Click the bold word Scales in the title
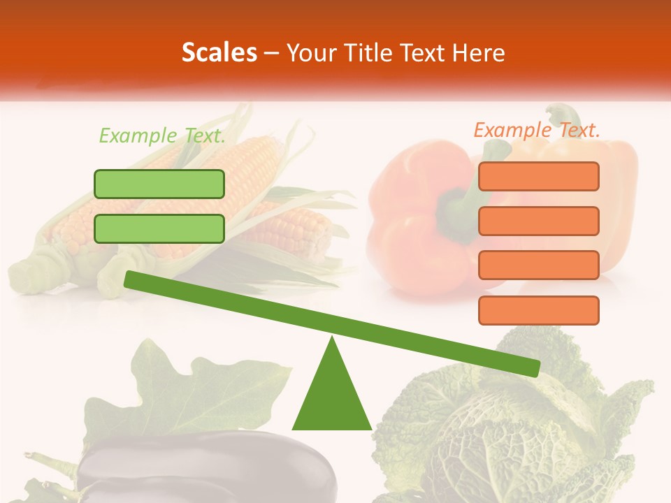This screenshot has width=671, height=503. coord(219,52)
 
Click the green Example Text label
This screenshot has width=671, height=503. coord(162,136)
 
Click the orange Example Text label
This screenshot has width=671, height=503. coord(537,130)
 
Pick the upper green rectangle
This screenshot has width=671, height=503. coord(159,184)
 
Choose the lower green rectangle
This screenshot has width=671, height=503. coord(159,228)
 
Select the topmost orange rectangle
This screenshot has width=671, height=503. coord(538,176)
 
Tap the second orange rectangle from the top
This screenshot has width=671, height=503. coord(538,221)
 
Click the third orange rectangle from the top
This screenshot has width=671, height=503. coord(538,265)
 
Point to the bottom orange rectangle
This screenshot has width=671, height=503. coord(538,310)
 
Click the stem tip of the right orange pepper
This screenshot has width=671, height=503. coord(559,112)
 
